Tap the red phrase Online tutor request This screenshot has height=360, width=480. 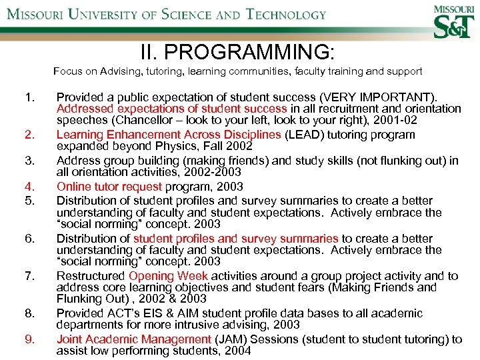pos(109,187)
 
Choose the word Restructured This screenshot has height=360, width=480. pos(91,276)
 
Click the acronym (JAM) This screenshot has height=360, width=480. pos(234,339)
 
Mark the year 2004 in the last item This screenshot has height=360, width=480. pos(238,351)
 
